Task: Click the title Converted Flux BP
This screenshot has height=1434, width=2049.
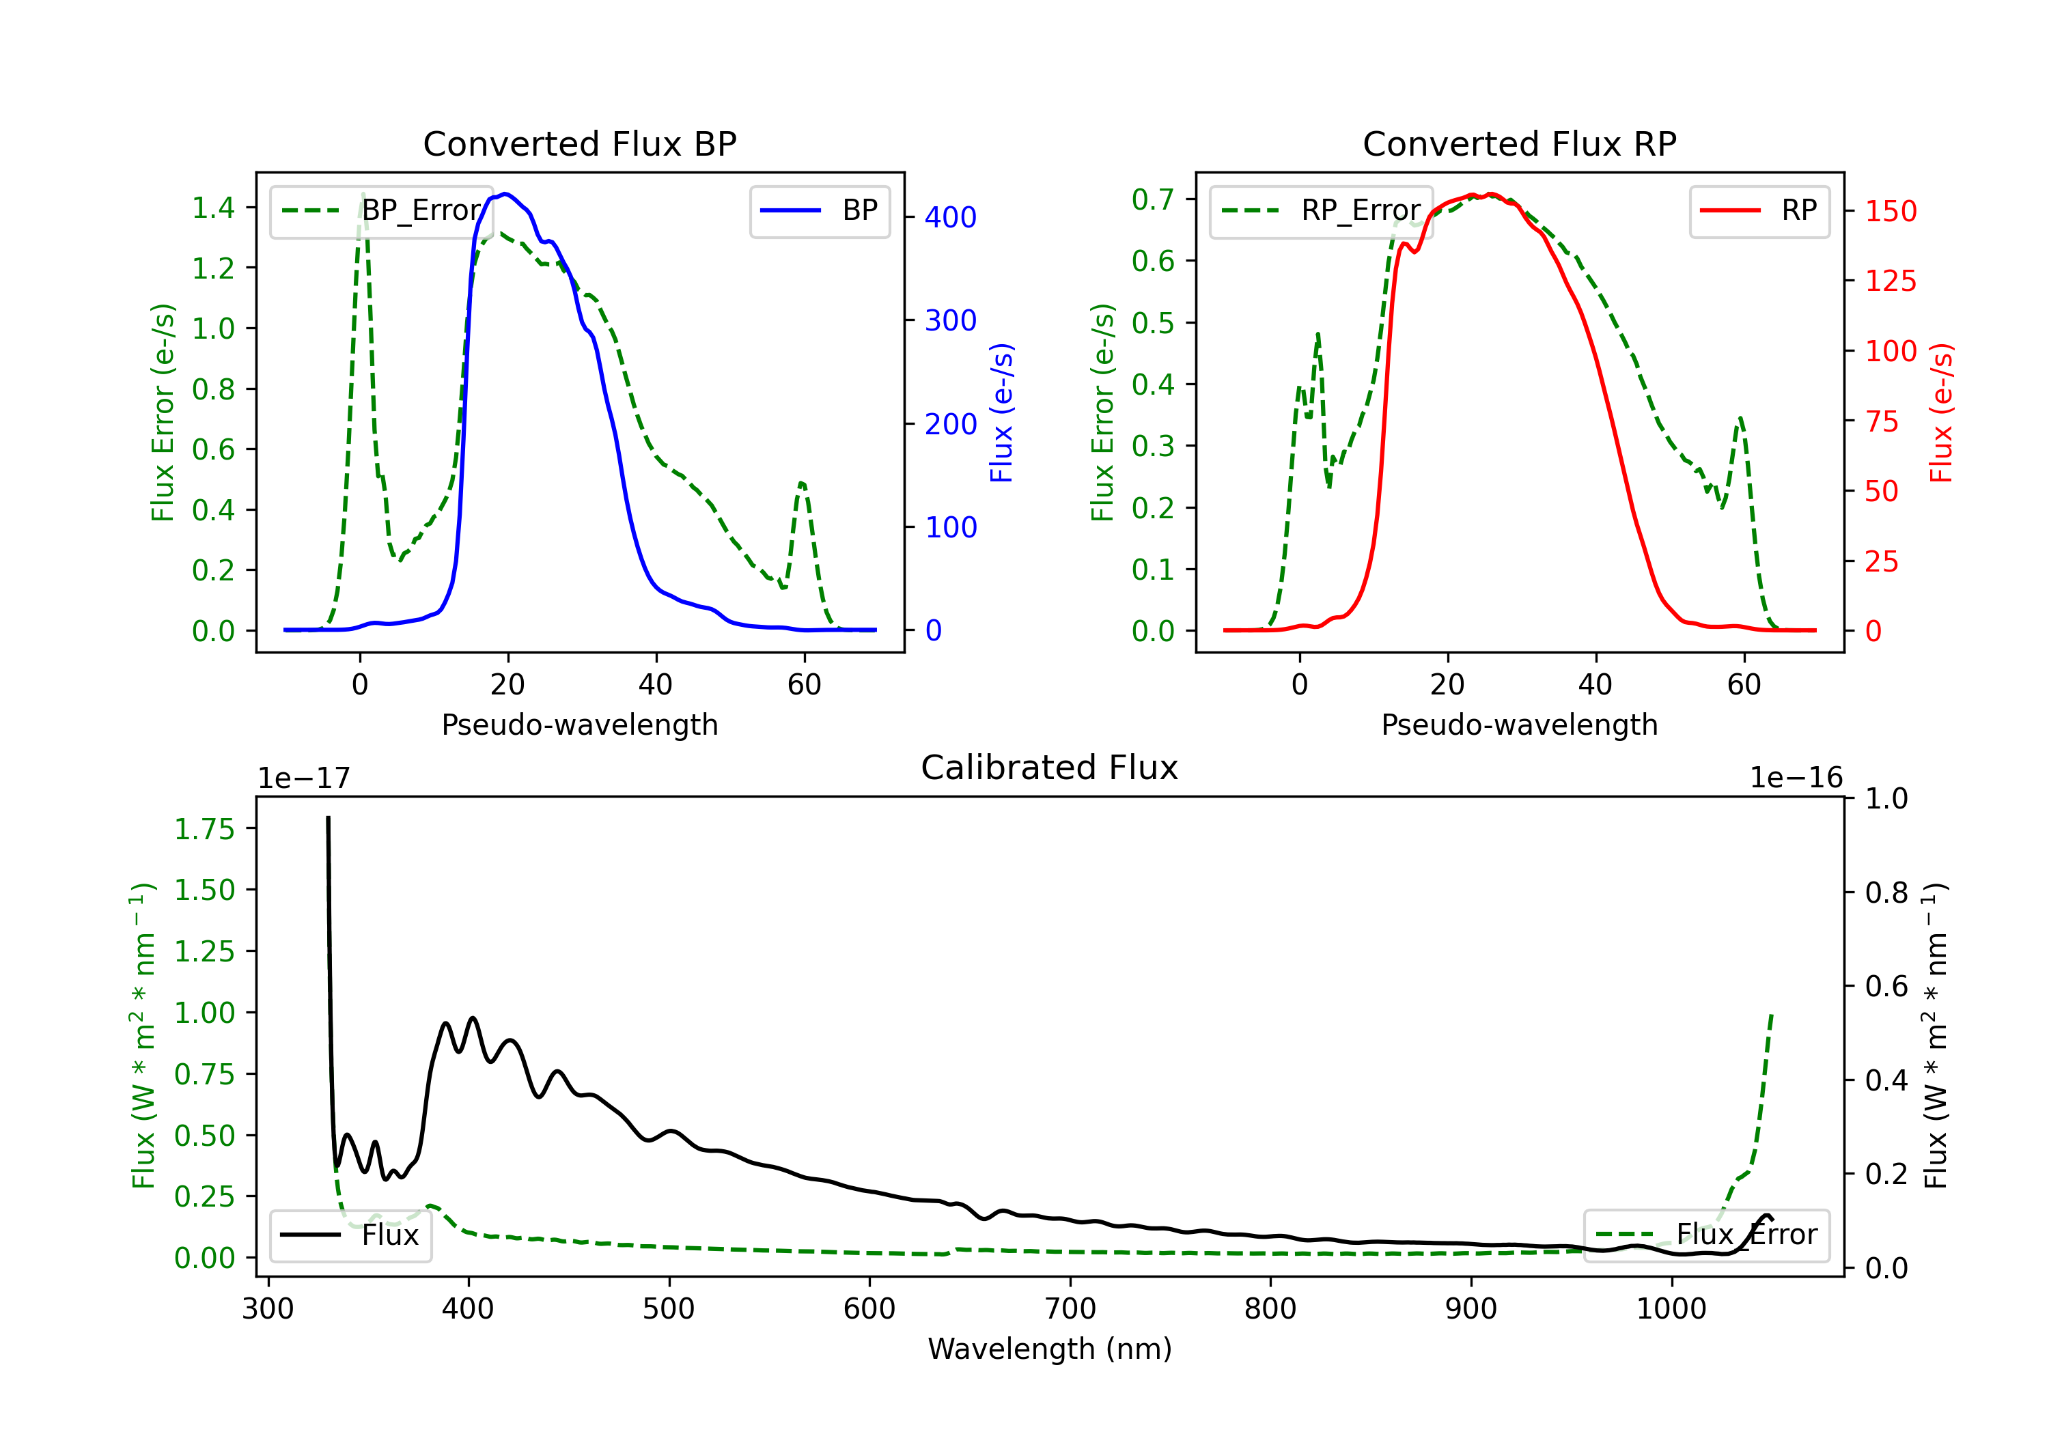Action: (579, 143)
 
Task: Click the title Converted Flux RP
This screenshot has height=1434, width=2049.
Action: (1519, 143)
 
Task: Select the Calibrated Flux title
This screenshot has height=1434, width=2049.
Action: (1050, 768)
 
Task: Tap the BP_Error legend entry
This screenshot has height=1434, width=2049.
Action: (382, 210)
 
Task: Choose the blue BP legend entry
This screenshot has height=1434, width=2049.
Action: (819, 210)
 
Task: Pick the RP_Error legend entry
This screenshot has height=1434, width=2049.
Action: (1321, 210)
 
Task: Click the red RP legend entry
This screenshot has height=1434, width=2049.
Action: (1759, 210)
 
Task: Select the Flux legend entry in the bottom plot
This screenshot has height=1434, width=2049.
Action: (351, 1235)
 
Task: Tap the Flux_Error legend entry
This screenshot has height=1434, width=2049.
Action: (1706, 1235)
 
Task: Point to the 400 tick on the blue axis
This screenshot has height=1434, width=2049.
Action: (951, 217)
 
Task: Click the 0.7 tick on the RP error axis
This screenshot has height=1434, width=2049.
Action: (1153, 199)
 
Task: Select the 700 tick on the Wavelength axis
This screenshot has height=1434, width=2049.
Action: (1070, 1309)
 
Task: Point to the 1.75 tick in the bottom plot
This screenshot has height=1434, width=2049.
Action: (204, 829)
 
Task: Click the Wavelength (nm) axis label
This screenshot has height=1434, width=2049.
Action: (1050, 1349)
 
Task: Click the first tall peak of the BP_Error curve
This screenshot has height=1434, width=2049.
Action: (362, 194)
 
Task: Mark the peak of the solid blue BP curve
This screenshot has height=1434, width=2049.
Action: (505, 194)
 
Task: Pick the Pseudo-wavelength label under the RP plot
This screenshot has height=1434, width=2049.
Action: (1519, 725)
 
